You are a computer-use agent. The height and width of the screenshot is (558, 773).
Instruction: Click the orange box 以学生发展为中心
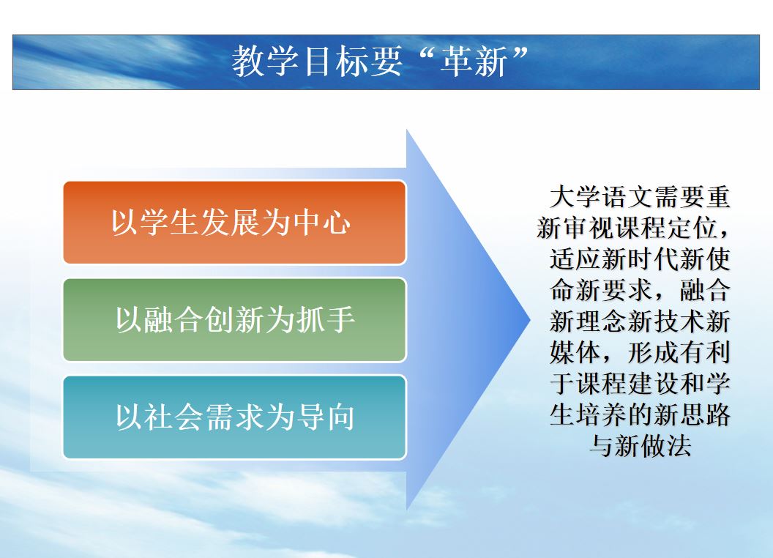(x=235, y=223)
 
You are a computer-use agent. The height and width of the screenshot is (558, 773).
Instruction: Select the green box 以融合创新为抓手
(x=235, y=320)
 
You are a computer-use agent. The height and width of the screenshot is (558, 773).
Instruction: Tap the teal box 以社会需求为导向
(x=235, y=417)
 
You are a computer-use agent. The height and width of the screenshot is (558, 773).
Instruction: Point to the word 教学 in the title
(x=265, y=62)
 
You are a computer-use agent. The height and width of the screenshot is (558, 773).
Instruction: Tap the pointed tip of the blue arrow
(x=530, y=320)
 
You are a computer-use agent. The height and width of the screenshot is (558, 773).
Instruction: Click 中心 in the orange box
(x=322, y=223)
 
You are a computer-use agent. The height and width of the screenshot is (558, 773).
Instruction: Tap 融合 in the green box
(x=173, y=320)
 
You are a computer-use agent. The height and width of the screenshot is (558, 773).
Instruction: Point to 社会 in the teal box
(x=173, y=417)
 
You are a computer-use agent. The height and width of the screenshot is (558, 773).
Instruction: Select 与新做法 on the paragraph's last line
(x=641, y=446)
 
